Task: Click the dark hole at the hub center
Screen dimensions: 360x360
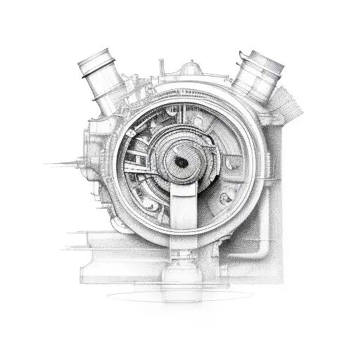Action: (x=181, y=162)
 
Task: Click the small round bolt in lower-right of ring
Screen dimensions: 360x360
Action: (x=225, y=198)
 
